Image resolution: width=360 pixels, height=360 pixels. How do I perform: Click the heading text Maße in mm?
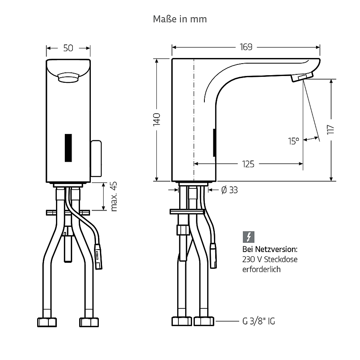180,19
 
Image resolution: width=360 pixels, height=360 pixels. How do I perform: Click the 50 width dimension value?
68,48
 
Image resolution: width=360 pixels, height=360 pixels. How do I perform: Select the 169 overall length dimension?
246,47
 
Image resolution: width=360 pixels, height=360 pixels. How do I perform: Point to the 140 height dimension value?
156,119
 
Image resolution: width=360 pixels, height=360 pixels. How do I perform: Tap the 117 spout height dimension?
331,130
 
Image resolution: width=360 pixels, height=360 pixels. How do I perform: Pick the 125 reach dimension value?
248,164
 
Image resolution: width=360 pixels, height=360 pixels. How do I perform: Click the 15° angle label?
294,141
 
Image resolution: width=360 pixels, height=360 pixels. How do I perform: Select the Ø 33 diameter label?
229,190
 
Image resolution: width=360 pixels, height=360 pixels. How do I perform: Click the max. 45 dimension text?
114,196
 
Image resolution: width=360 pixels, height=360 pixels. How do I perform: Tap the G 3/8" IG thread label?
258,321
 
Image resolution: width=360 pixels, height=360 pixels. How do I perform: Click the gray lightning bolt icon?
248,237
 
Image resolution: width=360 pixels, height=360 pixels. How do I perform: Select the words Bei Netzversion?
270,249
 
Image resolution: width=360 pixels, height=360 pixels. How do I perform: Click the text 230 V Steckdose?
270,259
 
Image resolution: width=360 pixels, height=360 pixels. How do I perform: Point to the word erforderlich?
261,269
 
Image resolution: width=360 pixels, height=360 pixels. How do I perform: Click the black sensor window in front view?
68,148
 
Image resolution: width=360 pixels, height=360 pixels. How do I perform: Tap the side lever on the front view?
96,158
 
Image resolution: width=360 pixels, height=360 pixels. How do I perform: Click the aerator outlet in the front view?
68,77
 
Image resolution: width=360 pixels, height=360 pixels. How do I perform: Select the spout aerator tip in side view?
302,77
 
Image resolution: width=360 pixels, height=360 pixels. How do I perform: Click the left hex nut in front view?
47,322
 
